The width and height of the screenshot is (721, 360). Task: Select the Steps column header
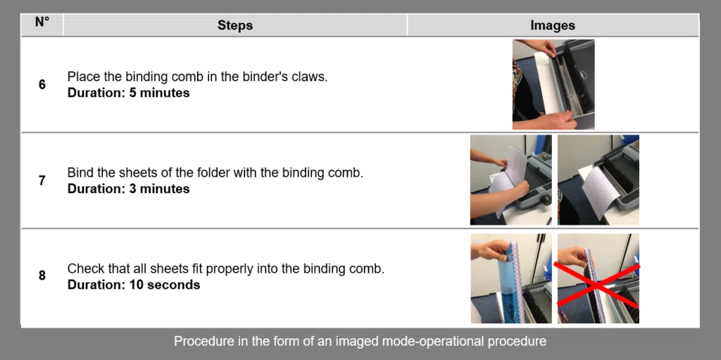pyautogui.click(x=234, y=25)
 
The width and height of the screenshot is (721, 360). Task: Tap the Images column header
pyautogui.click(x=552, y=25)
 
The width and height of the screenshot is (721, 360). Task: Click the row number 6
pyautogui.click(x=42, y=85)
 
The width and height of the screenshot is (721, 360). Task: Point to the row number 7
pyautogui.click(x=42, y=180)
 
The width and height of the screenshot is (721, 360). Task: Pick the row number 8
pyautogui.click(x=42, y=275)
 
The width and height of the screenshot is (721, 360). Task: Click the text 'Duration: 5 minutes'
pyautogui.click(x=128, y=93)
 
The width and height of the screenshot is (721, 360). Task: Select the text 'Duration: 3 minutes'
pyautogui.click(x=128, y=189)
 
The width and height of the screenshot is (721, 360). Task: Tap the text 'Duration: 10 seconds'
pyautogui.click(x=133, y=285)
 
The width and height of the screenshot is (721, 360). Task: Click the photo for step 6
pyautogui.click(x=553, y=85)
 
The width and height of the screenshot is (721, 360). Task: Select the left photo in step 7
pyautogui.click(x=510, y=180)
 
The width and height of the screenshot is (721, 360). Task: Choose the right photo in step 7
pyautogui.click(x=598, y=180)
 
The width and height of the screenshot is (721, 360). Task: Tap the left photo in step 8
pyautogui.click(x=510, y=278)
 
